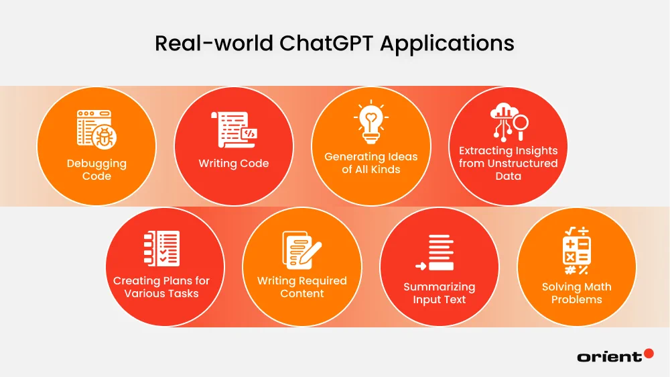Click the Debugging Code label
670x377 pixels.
(96, 170)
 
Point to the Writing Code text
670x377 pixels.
(234, 163)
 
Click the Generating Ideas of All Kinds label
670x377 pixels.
(371, 163)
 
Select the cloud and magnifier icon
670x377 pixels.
(509, 121)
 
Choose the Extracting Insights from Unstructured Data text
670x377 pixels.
(509, 163)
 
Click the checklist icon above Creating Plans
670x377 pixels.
(162, 248)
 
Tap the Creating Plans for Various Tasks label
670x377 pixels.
(161, 287)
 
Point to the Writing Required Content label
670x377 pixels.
(302, 287)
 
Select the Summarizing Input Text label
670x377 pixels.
(439, 293)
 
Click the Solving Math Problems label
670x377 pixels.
(576, 293)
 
